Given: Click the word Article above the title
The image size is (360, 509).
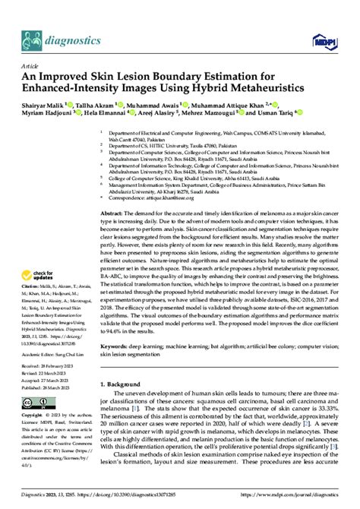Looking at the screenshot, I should (34, 66).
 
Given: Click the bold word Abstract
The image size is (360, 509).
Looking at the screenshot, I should (114, 215).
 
